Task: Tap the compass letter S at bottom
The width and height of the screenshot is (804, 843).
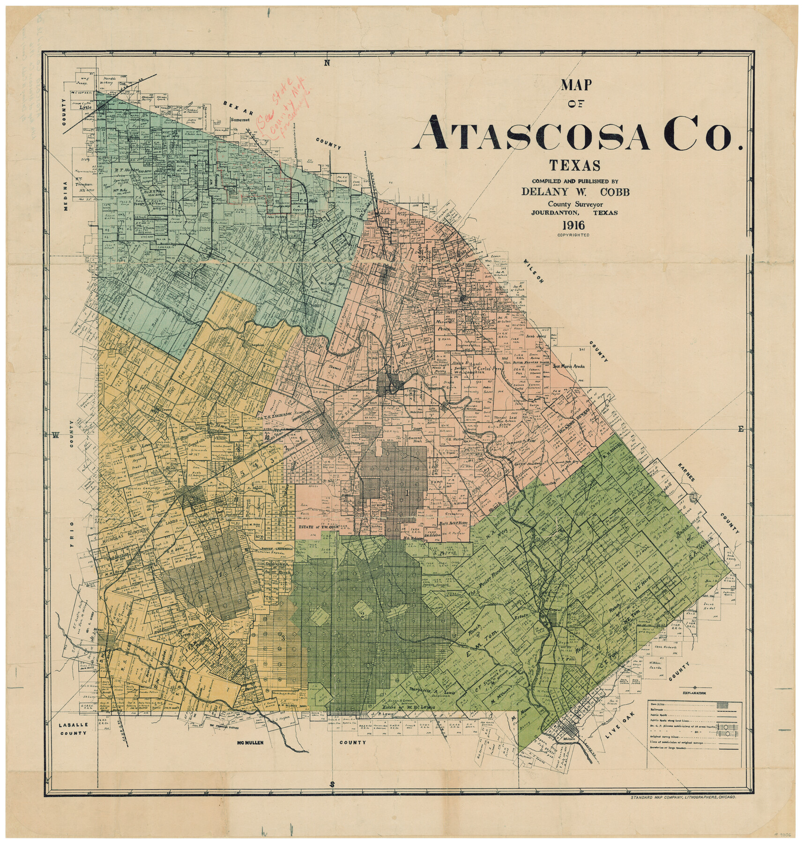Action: (x=332, y=784)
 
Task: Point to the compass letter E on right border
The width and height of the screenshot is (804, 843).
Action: (x=741, y=429)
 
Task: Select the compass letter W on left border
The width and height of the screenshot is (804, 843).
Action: (x=55, y=436)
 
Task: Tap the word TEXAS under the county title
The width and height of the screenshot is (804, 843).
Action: (x=574, y=166)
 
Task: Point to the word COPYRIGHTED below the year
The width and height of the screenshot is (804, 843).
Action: (x=573, y=235)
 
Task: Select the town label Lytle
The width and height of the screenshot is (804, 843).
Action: (x=85, y=107)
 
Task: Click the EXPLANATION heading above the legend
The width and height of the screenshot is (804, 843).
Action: (x=694, y=693)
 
